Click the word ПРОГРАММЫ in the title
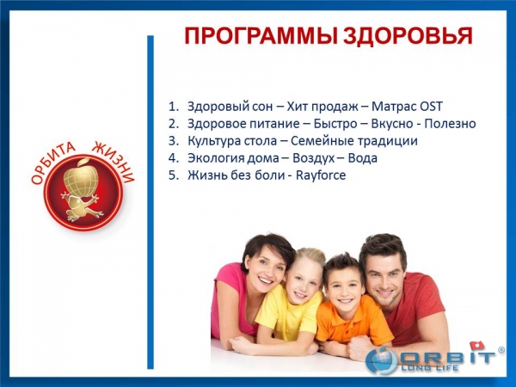click(261, 35)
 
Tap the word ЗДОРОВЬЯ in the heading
click(408, 35)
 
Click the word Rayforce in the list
click(321, 175)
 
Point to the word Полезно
click(450, 124)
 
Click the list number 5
click(173, 175)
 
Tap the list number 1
click(173, 107)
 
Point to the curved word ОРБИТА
click(53, 163)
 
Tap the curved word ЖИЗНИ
click(114, 162)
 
